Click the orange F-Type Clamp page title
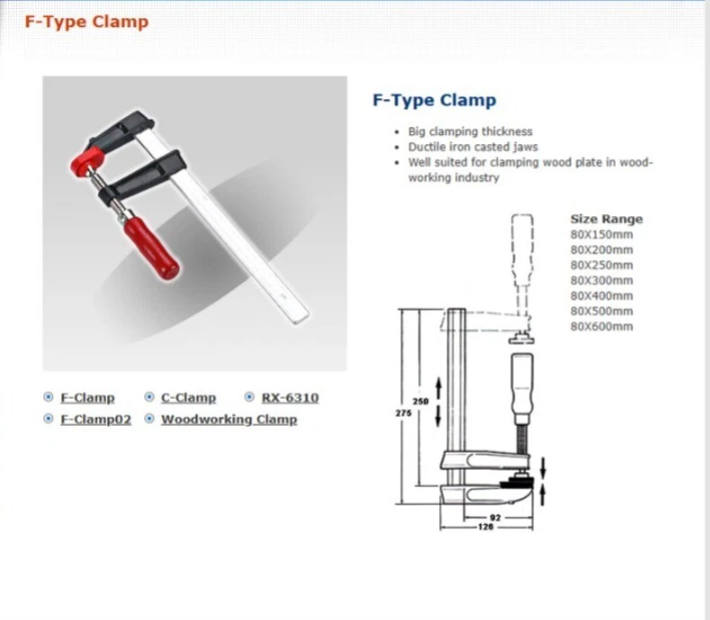pos(86,22)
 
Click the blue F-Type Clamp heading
pos(434,101)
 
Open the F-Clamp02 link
pos(95,419)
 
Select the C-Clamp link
pos(188,398)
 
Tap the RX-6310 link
pos(289,398)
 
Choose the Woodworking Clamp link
pos(229,419)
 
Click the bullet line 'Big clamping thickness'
pos(470,131)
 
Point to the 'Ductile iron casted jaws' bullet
pos(472,147)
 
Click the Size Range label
pos(607,219)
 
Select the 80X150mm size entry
pos(601,234)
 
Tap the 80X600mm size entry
pos(601,326)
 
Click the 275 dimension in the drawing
pos(403,413)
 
